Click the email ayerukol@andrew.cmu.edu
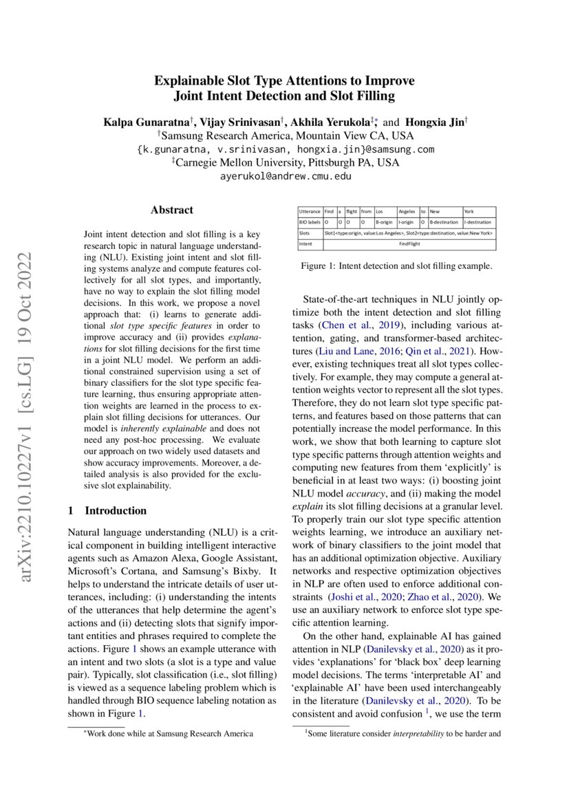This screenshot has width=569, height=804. coord(285,176)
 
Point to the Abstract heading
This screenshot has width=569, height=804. coord(172,210)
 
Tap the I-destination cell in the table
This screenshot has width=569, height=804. coord(479,223)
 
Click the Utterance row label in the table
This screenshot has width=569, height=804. coord(310,212)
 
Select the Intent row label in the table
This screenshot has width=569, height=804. coord(306,244)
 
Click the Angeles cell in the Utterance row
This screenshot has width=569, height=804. coord(407,212)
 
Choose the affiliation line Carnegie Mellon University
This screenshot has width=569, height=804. coord(285,163)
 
